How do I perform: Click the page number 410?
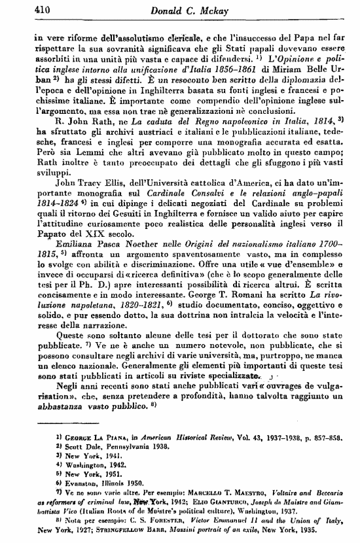[x=24, y=10]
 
